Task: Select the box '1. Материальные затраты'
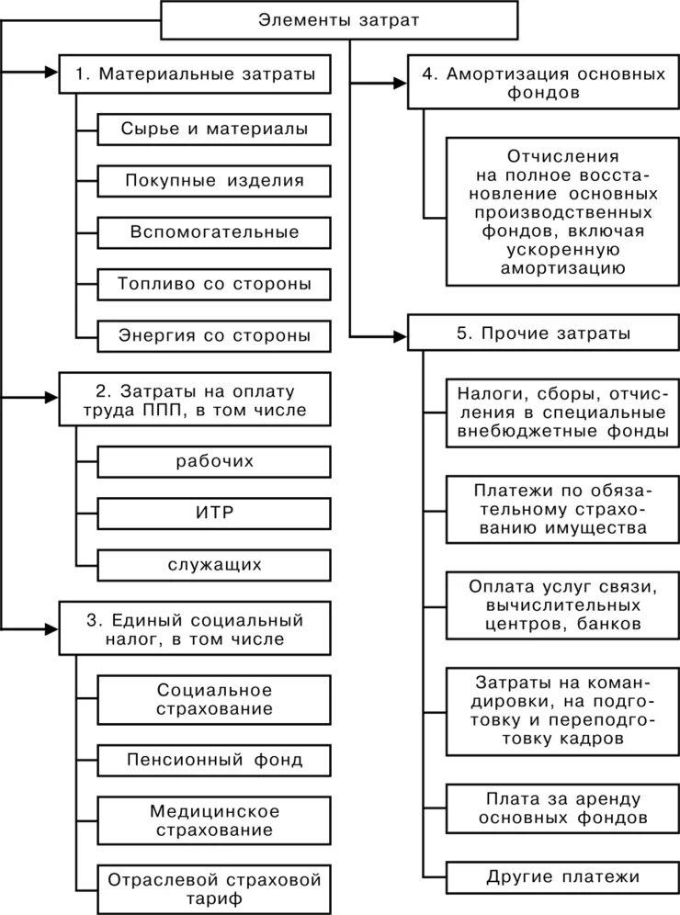[195, 74]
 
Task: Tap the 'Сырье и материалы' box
[213, 130]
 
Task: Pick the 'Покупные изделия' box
[213, 181]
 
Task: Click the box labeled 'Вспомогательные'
[213, 232]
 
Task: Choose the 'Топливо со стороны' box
[213, 284]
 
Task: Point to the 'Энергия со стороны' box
[213, 335]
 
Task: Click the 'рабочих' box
[213, 460]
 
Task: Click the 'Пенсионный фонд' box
[213, 760]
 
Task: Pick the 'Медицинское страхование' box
[213, 820]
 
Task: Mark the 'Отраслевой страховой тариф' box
[213, 888]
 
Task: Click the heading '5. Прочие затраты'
[542, 332]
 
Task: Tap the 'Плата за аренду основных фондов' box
[561, 806]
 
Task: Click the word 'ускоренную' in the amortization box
[562, 249]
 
